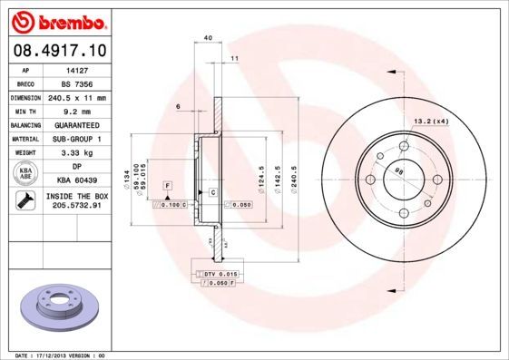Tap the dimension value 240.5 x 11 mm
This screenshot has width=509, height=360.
[77, 97]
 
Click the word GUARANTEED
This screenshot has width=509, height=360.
[77, 125]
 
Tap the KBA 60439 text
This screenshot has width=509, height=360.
[77, 182]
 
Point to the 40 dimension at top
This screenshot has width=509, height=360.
[208, 37]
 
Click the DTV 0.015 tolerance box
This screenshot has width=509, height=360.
[214, 273]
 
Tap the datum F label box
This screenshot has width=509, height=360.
[167, 185]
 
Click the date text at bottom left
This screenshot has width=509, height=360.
[55, 355]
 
